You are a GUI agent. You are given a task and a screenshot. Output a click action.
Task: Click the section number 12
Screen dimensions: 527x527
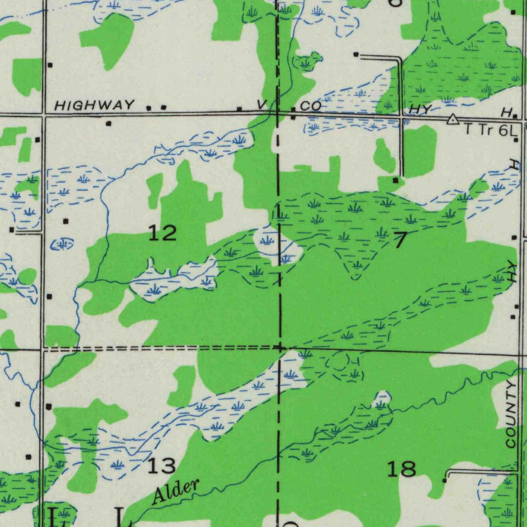[163, 234]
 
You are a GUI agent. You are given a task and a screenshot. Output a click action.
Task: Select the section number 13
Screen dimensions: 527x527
[162, 466]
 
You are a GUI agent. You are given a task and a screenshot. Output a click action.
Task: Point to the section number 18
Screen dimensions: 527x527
[401, 469]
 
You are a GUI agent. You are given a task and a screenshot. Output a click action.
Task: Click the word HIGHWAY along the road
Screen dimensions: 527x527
[95, 106]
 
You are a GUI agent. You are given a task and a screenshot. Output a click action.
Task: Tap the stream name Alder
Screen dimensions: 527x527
[175, 491]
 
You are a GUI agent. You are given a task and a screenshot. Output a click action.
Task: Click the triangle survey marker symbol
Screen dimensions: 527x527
[452, 120]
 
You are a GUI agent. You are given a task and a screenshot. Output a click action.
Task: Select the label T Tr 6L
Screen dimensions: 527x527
[492, 130]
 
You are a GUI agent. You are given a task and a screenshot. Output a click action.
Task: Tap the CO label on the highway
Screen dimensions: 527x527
[311, 106]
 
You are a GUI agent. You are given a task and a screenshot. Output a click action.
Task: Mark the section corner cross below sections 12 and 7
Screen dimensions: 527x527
[279, 348]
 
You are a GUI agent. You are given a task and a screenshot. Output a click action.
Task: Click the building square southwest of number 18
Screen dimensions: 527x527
[445, 480]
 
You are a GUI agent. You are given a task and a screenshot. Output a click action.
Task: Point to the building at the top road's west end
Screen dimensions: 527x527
[356, 54]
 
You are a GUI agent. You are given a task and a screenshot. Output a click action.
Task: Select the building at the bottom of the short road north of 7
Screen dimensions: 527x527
[395, 181]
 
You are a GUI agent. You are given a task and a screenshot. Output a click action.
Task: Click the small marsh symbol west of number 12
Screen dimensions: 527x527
[62, 244]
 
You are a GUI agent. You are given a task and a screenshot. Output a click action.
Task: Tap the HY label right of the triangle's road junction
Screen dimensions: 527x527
[419, 110]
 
